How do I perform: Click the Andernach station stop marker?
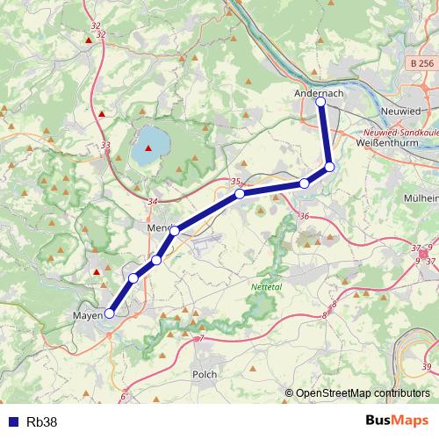(x=320, y=103)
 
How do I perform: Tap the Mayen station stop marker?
(x=110, y=313)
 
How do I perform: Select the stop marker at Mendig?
(x=175, y=231)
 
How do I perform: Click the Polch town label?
(x=204, y=374)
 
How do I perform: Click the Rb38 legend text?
(x=41, y=421)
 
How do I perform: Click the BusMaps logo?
(x=399, y=421)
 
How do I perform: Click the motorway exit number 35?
(x=235, y=182)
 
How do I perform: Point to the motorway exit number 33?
(x=106, y=146)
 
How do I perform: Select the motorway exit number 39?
(x=427, y=366)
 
